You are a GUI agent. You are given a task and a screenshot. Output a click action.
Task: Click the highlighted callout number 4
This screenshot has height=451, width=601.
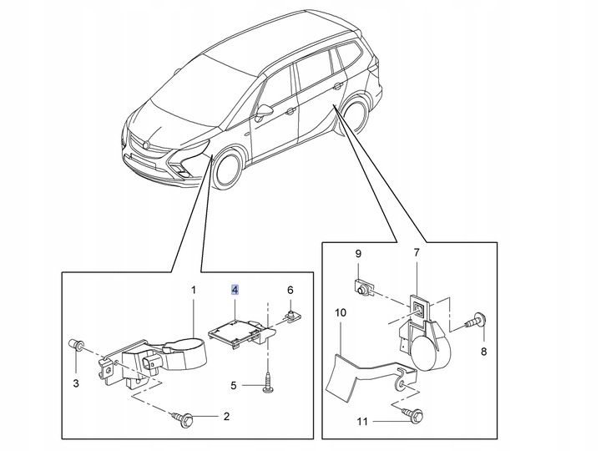(x=235, y=290)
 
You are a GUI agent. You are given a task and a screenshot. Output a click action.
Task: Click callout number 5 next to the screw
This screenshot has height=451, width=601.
(x=234, y=385)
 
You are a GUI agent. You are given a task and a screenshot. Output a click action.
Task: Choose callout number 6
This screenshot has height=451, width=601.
(x=290, y=290)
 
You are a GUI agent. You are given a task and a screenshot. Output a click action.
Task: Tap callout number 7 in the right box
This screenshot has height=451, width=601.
(x=417, y=252)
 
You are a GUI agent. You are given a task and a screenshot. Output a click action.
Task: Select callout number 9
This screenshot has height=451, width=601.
(x=357, y=253)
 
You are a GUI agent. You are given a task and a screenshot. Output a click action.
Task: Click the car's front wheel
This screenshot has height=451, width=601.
(x=227, y=170)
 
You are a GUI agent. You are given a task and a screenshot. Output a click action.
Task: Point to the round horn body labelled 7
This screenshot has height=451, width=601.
(x=432, y=347)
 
